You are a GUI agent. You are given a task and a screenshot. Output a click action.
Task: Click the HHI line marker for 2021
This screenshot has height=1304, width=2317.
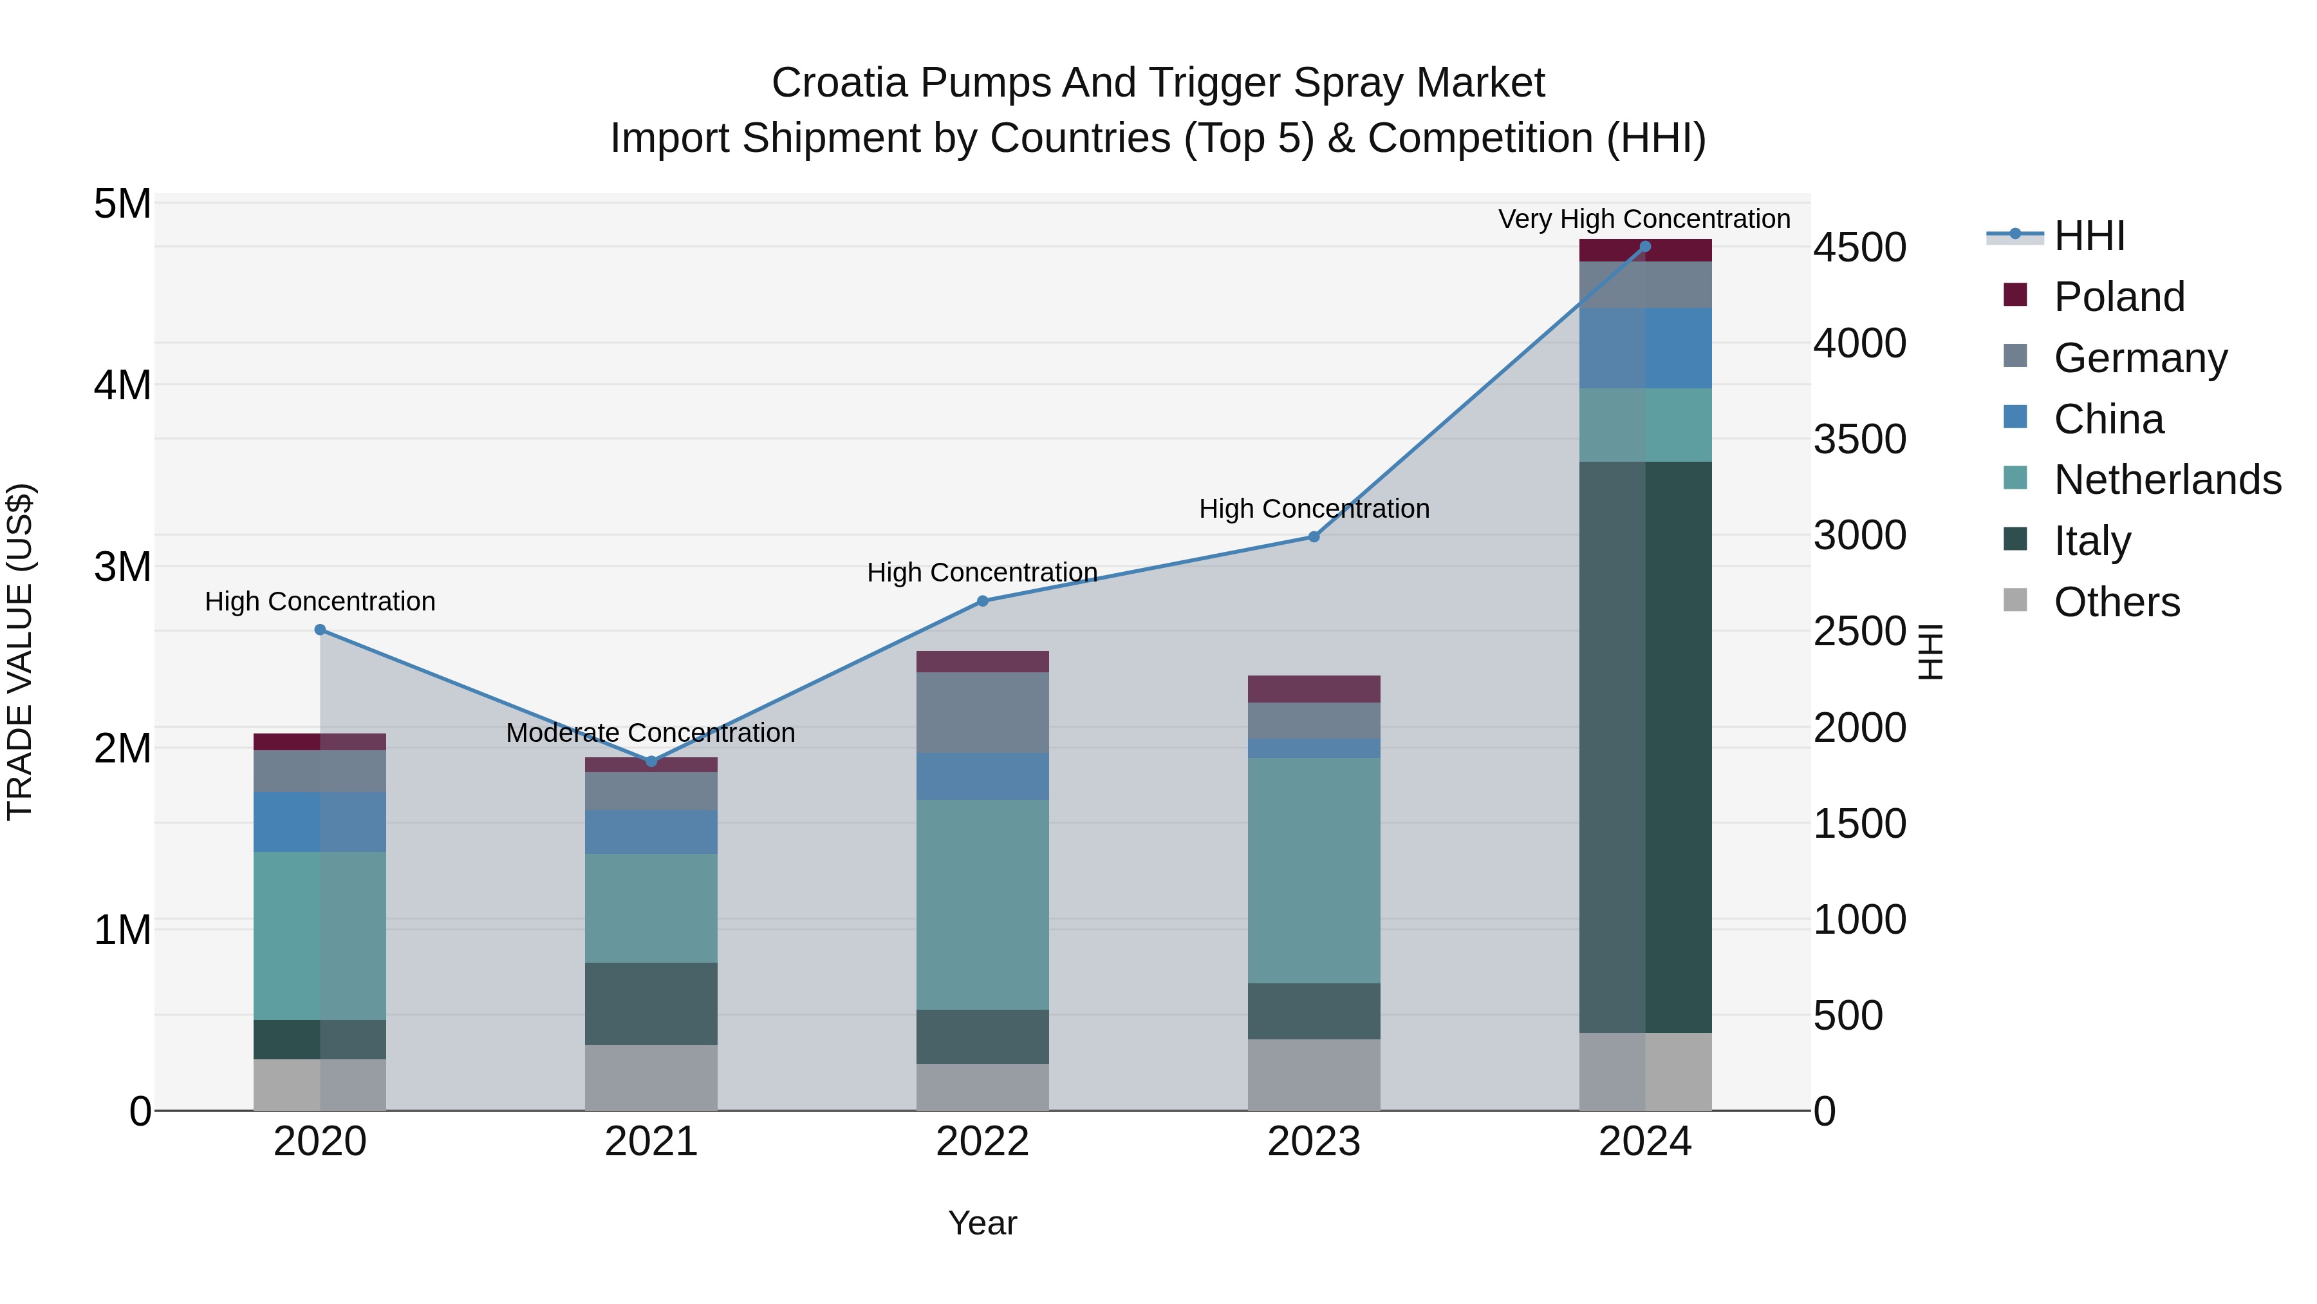[x=651, y=761]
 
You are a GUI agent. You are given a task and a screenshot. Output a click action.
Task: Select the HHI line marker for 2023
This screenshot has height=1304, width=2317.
[x=1313, y=536]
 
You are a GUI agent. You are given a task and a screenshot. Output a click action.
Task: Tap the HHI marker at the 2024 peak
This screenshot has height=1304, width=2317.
[x=1644, y=246]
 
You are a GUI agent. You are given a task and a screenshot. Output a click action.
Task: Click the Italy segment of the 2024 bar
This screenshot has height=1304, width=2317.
[x=1644, y=747]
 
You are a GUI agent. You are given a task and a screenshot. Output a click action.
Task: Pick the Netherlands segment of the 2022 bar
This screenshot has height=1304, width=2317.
[x=982, y=905]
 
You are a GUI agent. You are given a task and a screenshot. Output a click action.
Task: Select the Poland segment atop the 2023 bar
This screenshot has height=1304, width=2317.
[x=1313, y=688]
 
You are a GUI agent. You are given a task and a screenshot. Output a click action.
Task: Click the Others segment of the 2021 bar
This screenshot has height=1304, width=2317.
[x=651, y=1077]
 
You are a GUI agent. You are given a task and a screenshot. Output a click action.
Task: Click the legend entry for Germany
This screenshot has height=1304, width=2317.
[x=2140, y=358]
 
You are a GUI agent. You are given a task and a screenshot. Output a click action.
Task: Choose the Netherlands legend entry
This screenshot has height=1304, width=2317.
[x=2167, y=480]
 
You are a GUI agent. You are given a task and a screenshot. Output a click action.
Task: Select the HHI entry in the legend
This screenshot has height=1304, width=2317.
[x=2089, y=236]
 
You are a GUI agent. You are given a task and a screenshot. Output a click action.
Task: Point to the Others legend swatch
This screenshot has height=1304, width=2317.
[x=2016, y=600]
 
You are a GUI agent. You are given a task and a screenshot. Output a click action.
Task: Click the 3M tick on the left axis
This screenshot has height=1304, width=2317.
[x=122, y=567]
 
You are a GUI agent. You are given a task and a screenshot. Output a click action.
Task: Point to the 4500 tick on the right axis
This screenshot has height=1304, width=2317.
[x=1859, y=247]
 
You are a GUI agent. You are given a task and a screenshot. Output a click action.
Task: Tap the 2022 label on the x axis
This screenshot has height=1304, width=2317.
[x=982, y=1142]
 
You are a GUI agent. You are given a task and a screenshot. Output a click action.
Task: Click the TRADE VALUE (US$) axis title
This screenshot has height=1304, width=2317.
[x=20, y=652]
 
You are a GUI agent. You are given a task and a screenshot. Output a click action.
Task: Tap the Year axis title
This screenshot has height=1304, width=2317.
[x=982, y=1223]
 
